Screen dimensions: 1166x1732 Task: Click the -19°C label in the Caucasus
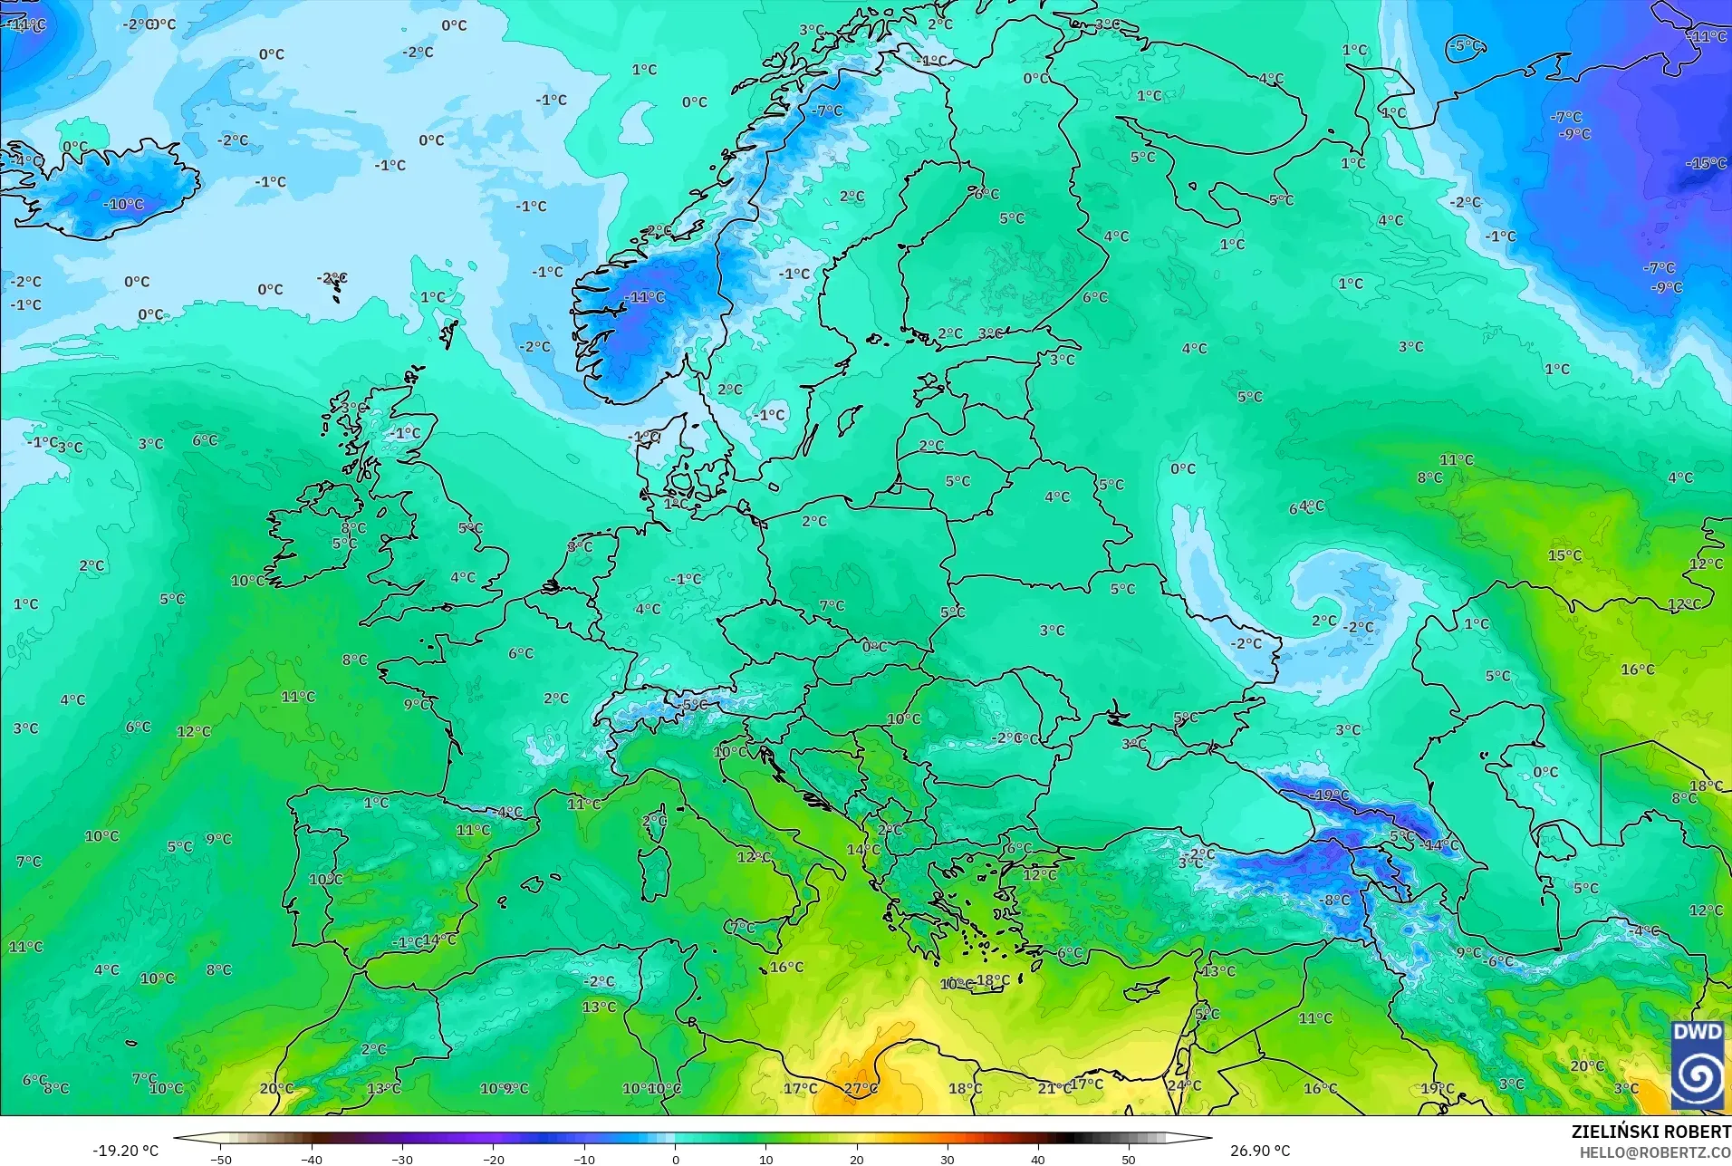point(1330,795)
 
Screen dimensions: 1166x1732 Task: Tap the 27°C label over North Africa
point(860,1088)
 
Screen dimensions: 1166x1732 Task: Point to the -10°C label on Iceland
point(123,205)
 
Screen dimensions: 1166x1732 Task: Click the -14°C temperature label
point(1440,845)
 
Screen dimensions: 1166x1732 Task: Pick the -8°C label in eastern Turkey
point(1336,900)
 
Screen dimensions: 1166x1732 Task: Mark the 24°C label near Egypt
point(1184,1085)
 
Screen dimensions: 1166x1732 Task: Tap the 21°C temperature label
point(1054,1088)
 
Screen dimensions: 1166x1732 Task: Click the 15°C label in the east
point(1564,555)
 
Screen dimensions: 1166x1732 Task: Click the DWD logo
point(1698,1065)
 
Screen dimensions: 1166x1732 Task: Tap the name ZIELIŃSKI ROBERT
point(1650,1132)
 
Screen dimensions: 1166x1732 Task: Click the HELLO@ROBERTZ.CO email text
point(1655,1152)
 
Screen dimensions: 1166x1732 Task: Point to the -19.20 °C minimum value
point(125,1151)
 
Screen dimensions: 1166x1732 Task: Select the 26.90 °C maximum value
point(1259,1151)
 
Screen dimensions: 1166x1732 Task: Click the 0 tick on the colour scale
point(675,1159)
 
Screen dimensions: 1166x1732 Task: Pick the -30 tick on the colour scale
point(402,1159)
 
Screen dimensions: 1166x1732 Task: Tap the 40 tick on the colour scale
point(1037,1159)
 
